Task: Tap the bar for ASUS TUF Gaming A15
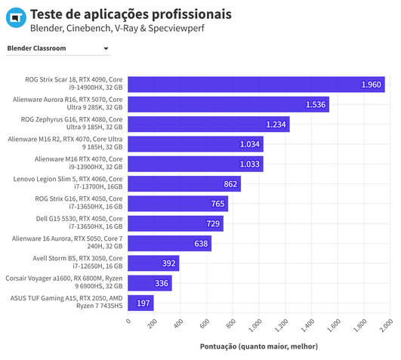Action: click(x=140, y=303)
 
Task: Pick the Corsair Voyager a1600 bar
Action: click(x=150, y=283)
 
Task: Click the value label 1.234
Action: click(x=276, y=124)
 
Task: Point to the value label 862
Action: click(x=230, y=183)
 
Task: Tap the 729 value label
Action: click(x=213, y=223)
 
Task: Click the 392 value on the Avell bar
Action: click(x=168, y=263)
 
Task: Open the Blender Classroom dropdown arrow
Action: click(x=106, y=49)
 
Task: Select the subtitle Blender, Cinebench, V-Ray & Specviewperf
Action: click(x=117, y=29)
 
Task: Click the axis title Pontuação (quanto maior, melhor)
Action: click(x=258, y=346)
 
